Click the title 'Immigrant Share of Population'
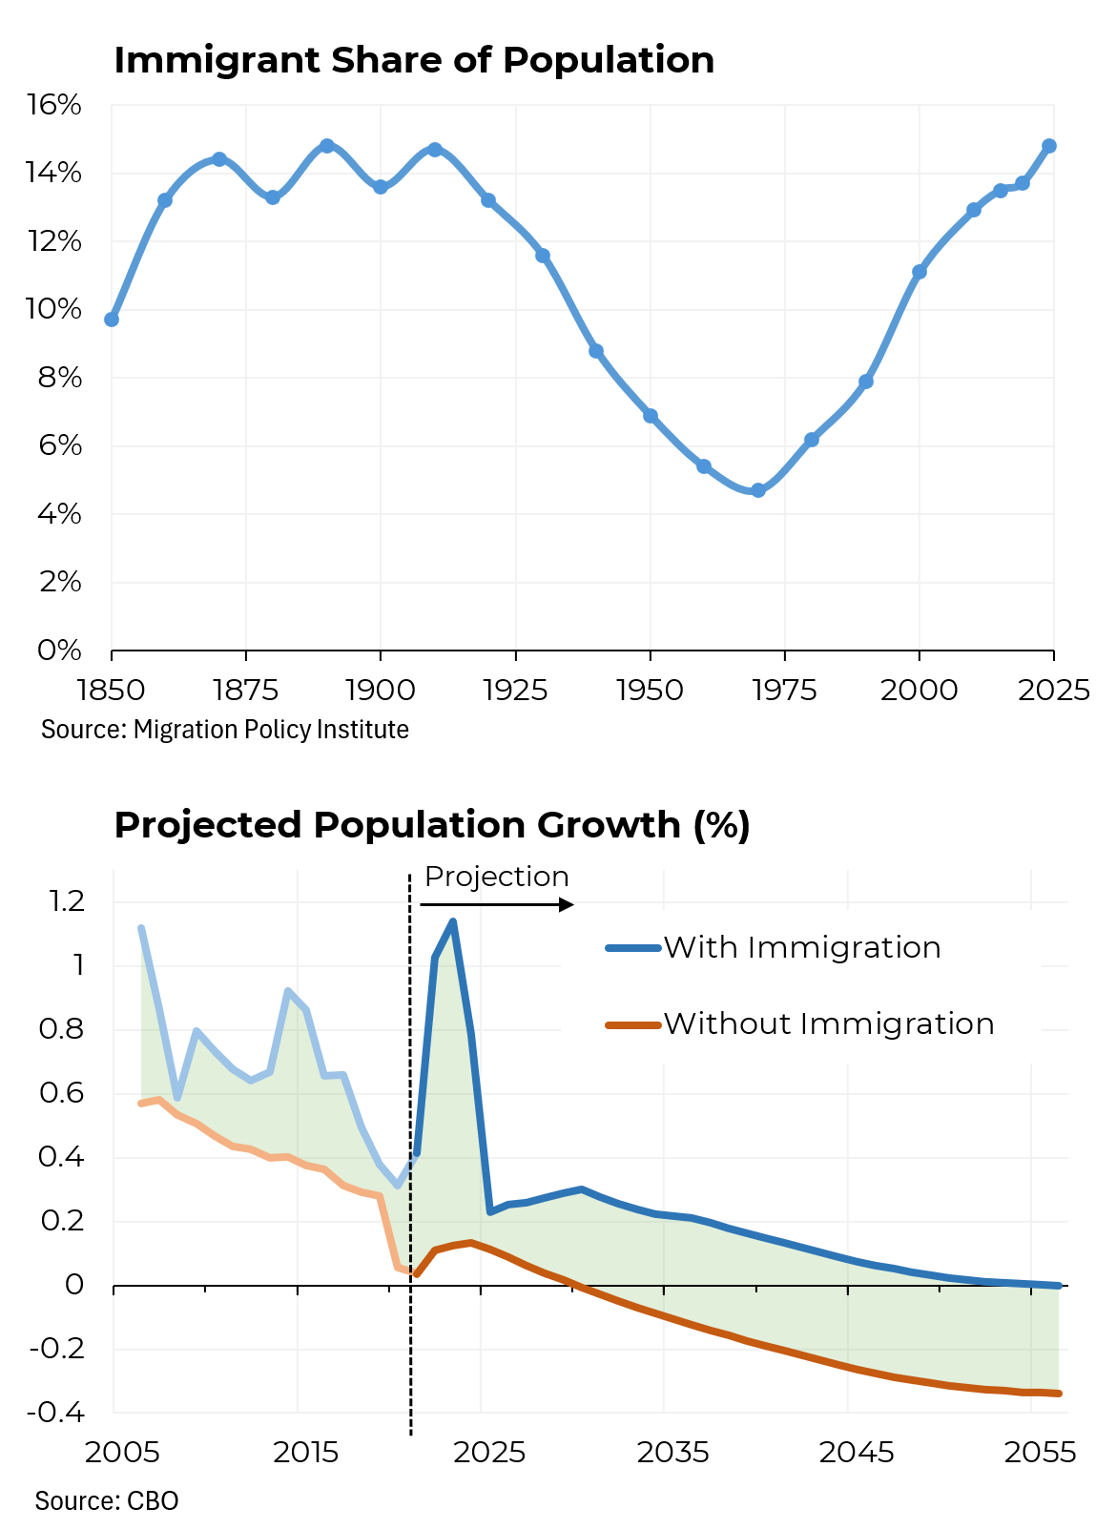(x=414, y=60)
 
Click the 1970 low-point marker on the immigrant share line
(x=758, y=490)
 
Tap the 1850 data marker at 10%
(x=112, y=320)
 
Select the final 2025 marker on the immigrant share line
(x=1049, y=146)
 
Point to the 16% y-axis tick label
(x=54, y=105)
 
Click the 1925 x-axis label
(x=515, y=690)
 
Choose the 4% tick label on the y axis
(x=59, y=514)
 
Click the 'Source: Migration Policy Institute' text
(x=225, y=730)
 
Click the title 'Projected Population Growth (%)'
(x=432, y=825)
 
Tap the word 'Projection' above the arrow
(x=496, y=877)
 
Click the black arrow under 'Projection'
(x=497, y=904)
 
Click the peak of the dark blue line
(x=452, y=921)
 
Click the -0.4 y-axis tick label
(x=56, y=1413)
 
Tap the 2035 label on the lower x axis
(x=672, y=1453)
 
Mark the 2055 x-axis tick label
(x=1040, y=1453)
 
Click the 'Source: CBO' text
(x=107, y=1501)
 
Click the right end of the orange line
(x=1059, y=1394)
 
